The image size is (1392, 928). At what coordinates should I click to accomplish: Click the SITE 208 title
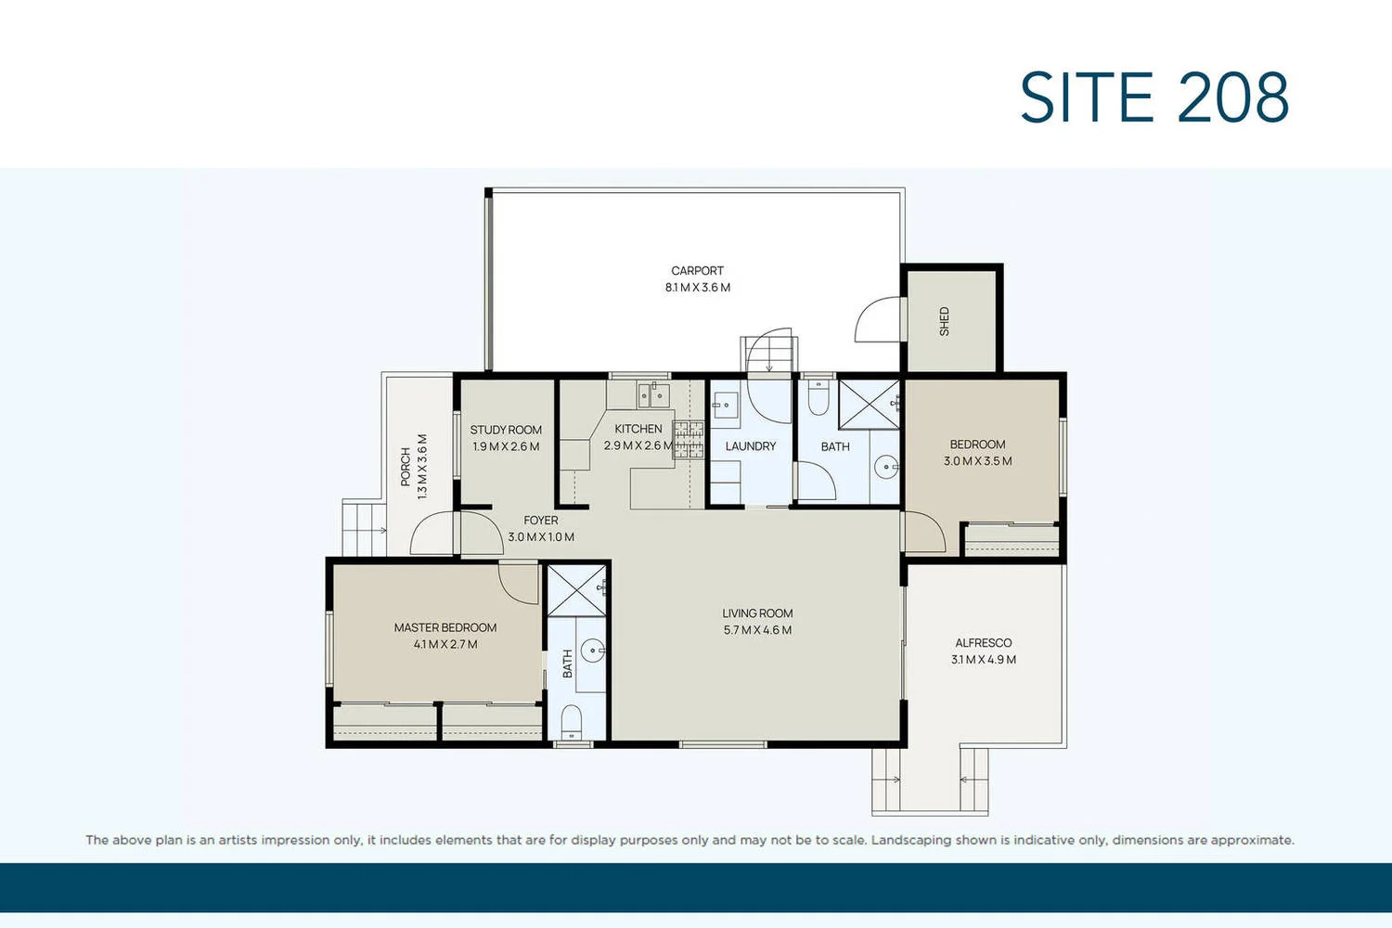[1154, 97]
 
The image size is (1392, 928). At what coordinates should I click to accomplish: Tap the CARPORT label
[697, 271]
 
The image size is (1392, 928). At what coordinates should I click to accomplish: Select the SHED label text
[945, 321]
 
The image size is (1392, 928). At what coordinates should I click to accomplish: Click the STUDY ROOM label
[506, 430]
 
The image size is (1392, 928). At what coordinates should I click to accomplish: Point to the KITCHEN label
[638, 429]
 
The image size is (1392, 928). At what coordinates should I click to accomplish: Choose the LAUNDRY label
[751, 446]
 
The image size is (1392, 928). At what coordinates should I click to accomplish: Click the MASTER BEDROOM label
[445, 627]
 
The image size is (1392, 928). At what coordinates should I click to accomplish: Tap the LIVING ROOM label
[757, 613]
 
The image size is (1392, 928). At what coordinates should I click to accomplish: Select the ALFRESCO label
[983, 643]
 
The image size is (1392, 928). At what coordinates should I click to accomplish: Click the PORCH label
[406, 467]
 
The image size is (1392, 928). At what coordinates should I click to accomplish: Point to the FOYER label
[541, 521]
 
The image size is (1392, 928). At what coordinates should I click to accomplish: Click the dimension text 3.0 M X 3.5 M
[978, 461]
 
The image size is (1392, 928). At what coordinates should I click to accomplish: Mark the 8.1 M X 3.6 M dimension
[697, 288]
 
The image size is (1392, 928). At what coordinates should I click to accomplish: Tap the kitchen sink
[653, 396]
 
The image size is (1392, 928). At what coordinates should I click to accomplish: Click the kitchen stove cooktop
[689, 439]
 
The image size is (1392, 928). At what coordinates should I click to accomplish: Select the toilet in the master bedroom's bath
[572, 720]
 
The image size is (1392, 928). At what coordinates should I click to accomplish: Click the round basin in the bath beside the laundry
[887, 467]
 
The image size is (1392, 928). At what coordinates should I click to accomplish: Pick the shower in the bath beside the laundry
[869, 404]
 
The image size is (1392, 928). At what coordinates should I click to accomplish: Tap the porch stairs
[364, 529]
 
